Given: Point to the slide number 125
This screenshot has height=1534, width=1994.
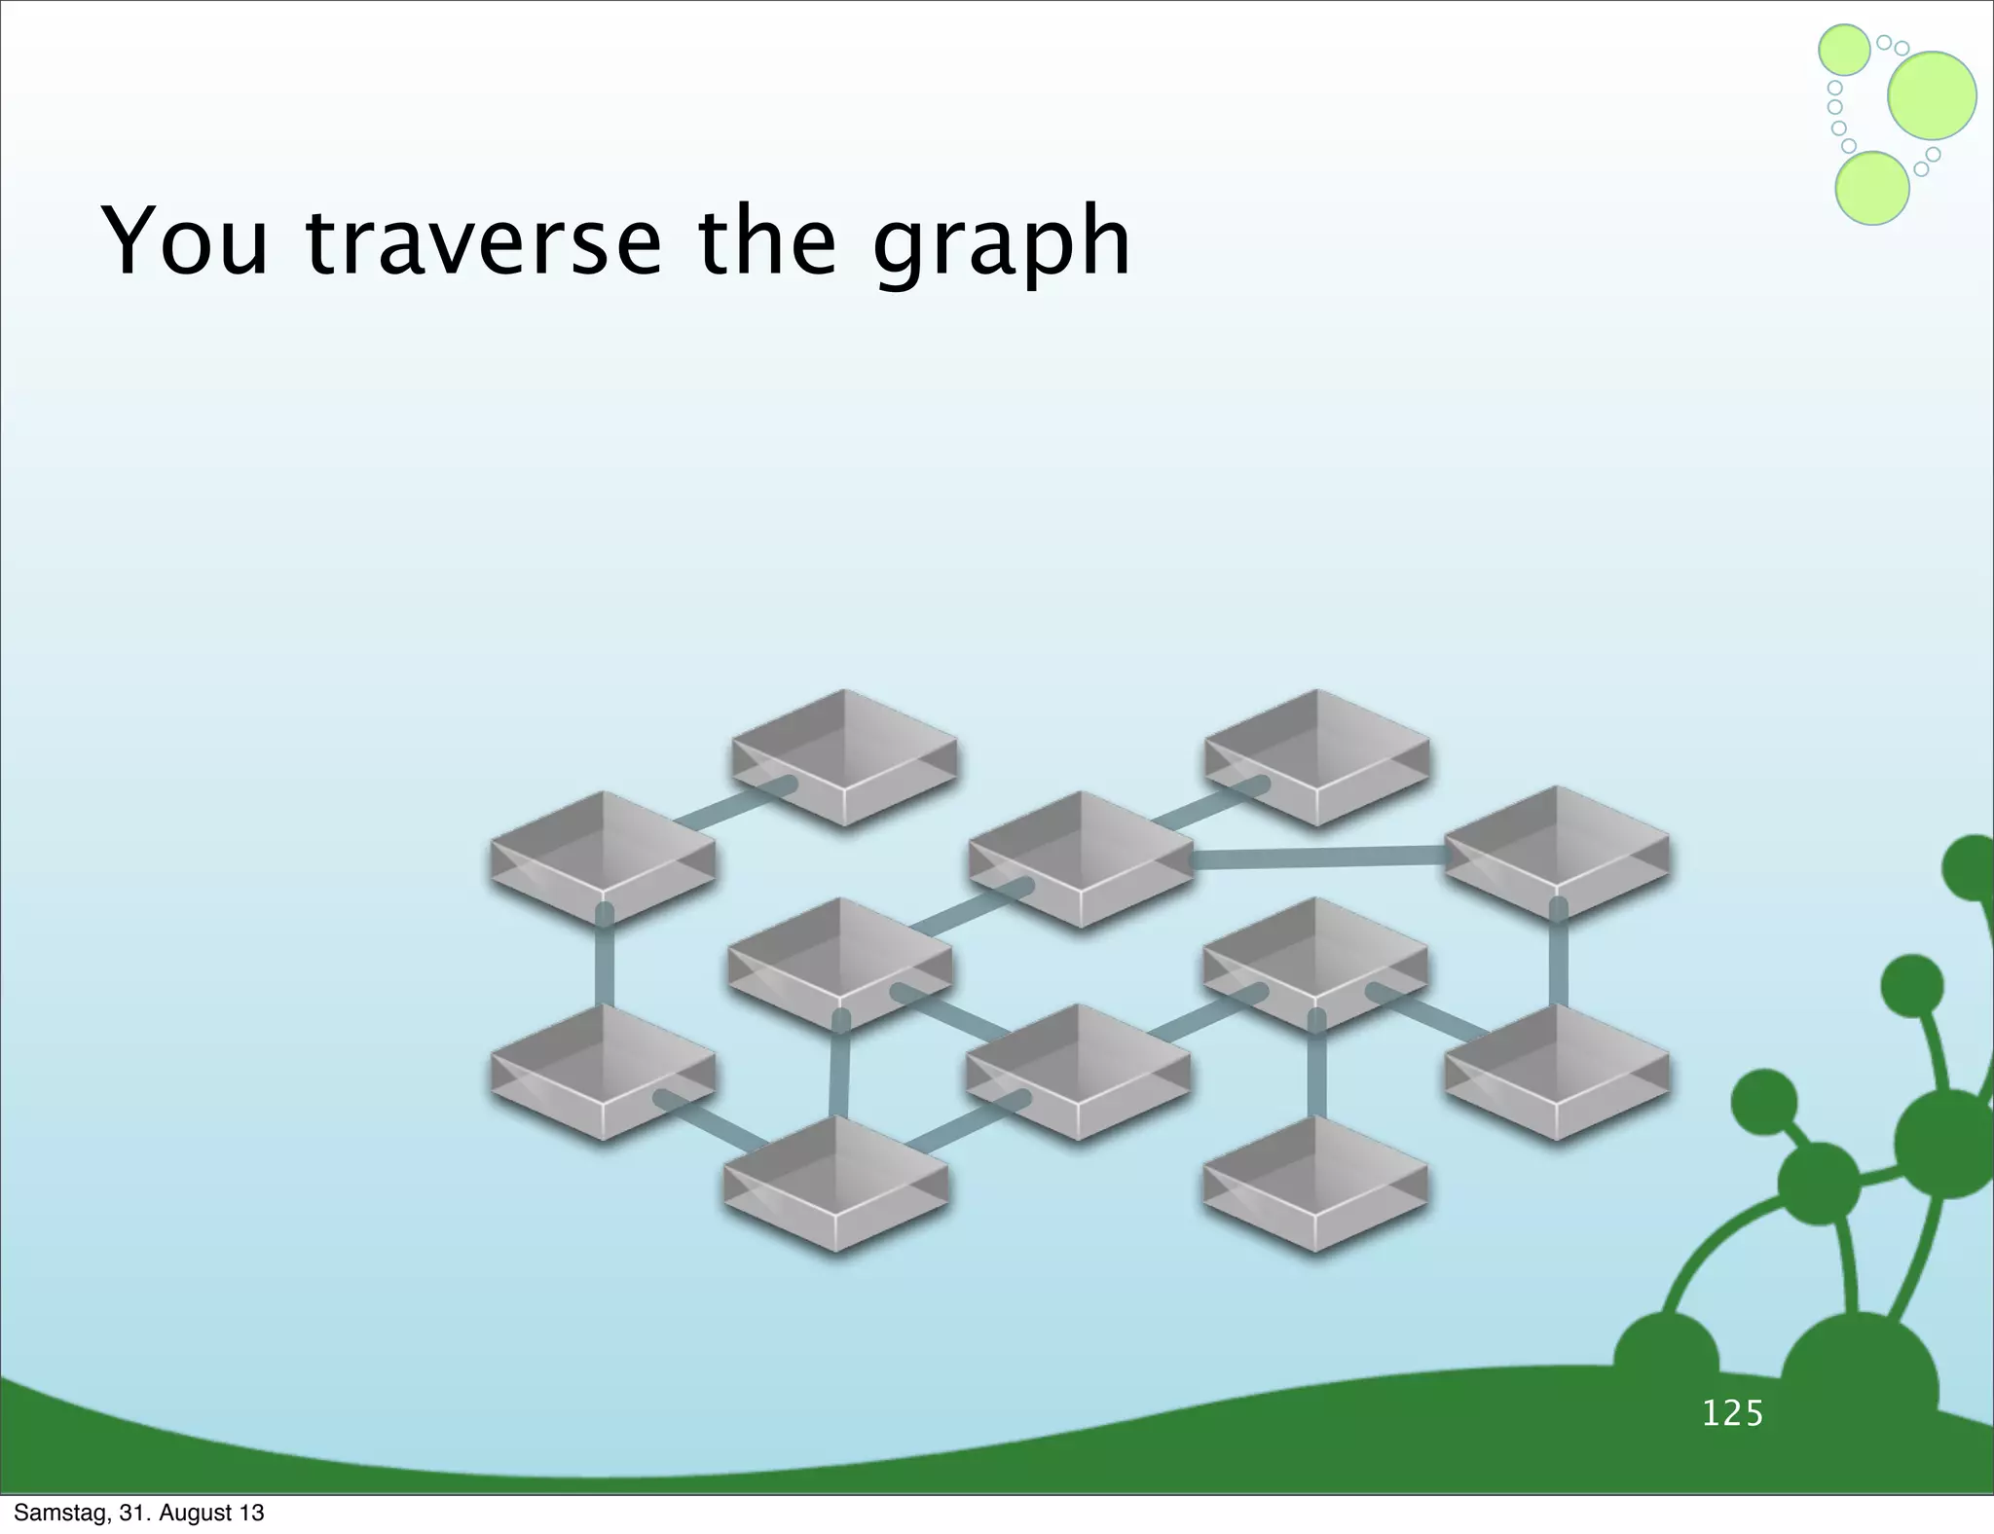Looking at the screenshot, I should [x=1732, y=1413].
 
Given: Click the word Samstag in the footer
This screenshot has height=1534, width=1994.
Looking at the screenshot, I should [x=59, y=1513].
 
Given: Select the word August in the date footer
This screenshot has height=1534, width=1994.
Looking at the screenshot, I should [x=196, y=1514].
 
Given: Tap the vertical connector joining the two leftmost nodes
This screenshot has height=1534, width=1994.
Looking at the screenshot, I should [x=605, y=964].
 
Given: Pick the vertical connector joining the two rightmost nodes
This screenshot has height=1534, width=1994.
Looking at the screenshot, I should [x=1558, y=959].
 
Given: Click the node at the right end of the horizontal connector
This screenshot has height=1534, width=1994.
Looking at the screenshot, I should [x=1556, y=852].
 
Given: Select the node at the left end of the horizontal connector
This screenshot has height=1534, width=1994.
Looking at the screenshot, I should [x=1081, y=857].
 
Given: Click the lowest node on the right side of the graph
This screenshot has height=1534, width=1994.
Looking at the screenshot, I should [x=1315, y=1183].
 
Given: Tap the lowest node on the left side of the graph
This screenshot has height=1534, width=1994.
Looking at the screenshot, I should [x=836, y=1183].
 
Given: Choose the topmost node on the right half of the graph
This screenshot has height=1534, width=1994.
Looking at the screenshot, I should [x=1317, y=756].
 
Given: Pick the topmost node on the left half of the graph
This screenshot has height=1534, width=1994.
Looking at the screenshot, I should [x=844, y=756].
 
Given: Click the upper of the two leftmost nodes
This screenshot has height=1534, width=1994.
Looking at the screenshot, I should [x=603, y=857].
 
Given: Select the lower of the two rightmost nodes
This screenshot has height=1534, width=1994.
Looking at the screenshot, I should [x=1556, y=1071].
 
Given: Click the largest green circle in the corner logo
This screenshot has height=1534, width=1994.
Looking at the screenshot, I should [x=1932, y=95].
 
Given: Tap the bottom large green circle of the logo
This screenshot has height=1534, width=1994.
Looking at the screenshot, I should [x=1871, y=189].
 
